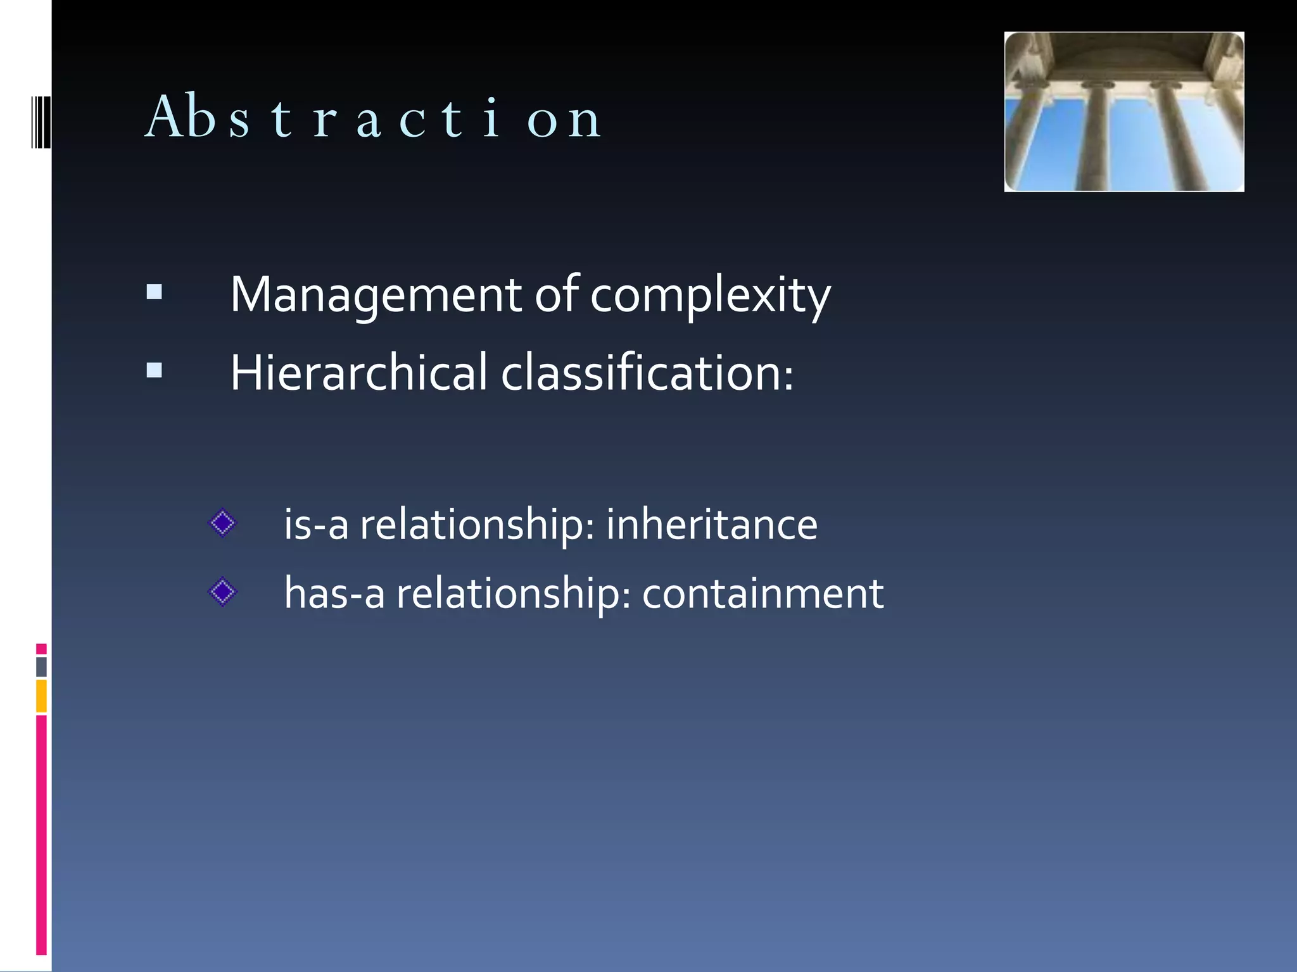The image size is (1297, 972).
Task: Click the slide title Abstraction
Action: [x=374, y=117]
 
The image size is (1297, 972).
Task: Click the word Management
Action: [x=376, y=295]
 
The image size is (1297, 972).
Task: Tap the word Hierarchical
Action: [x=358, y=373]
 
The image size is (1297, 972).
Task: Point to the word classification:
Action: [x=647, y=373]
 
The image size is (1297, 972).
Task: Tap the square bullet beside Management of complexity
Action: [x=154, y=292]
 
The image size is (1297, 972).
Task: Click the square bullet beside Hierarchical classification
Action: [x=154, y=370]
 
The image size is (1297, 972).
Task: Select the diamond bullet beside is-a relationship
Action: [x=222, y=523]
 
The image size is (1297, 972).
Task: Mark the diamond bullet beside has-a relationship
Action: [x=222, y=592]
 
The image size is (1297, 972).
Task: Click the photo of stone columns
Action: [x=1124, y=112]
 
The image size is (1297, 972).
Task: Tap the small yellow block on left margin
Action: [x=41, y=695]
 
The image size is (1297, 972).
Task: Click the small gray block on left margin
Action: [x=41, y=667]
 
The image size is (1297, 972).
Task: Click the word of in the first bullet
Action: [x=557, y=294]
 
